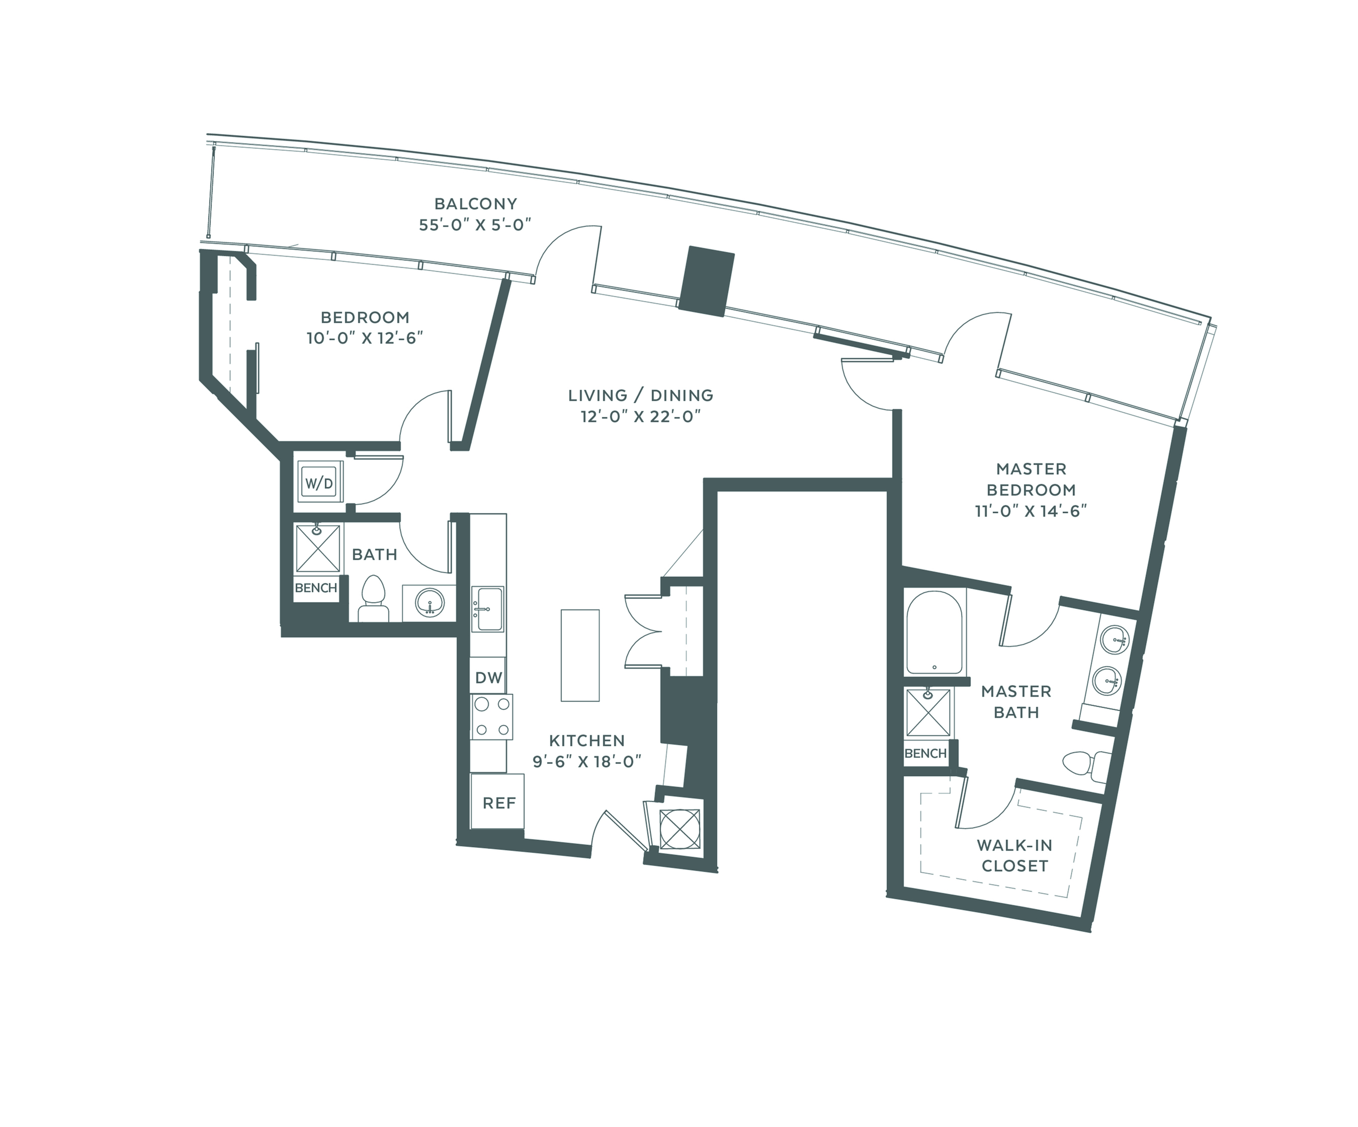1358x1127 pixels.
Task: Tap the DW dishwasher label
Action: (488, 677)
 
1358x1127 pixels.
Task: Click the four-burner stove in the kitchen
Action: (491, 717)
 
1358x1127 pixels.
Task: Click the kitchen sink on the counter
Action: (487, 609)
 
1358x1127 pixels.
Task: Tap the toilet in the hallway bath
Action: (373, 598)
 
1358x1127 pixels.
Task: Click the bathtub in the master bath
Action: (935, 632)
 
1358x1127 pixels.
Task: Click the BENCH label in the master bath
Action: (925, 753)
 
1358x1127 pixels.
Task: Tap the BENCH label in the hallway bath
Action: (316, 588)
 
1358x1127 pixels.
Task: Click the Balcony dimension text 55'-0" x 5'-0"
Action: (475, 225)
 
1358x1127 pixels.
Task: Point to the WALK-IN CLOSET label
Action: (1014, 855)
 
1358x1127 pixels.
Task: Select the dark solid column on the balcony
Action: (706, 281)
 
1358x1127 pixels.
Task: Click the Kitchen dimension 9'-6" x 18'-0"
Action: (586, 761)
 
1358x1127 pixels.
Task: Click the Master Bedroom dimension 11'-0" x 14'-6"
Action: (1031, 511)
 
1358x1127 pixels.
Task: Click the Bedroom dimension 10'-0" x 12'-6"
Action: (365, 338)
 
